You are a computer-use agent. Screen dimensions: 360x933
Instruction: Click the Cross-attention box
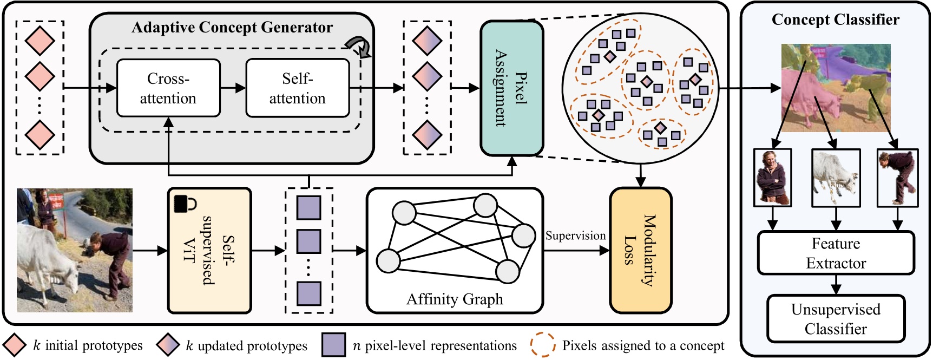168,88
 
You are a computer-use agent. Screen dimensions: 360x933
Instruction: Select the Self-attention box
297,88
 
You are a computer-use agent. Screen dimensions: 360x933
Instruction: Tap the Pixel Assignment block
511,88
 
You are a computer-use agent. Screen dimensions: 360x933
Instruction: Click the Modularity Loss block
640,250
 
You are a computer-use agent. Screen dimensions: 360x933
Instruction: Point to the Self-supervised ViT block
210,250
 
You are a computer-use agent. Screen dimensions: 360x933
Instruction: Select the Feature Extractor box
836,253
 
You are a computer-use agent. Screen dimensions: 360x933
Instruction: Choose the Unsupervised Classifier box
836,319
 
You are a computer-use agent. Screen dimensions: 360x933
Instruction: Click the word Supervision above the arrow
575,235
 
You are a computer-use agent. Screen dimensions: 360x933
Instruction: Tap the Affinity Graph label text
455,299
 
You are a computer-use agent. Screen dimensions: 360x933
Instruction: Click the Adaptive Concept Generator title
232,27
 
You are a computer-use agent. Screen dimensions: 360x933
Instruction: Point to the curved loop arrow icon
359,47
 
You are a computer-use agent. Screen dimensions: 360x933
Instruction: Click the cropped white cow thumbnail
836,178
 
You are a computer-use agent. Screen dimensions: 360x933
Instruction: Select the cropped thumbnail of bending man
897,178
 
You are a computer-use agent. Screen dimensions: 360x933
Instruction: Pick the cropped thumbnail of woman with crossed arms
772,178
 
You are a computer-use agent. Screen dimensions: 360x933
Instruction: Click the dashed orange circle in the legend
543,345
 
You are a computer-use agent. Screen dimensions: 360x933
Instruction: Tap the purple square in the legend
333,345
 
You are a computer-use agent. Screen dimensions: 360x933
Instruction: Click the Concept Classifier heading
835,19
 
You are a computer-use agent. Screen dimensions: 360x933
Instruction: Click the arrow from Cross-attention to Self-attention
233,88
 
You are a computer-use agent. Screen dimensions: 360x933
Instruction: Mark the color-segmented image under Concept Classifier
836,88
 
